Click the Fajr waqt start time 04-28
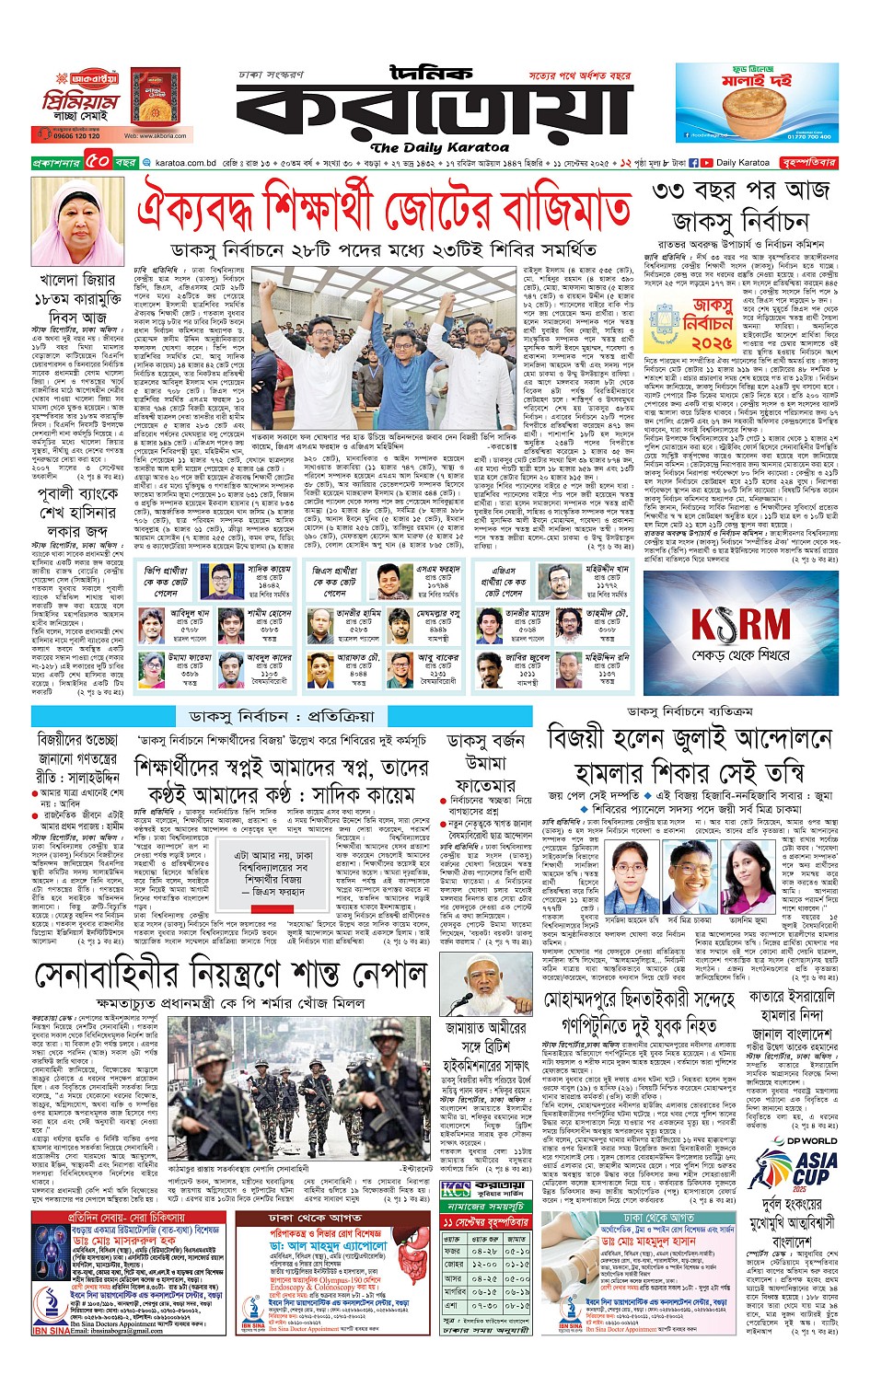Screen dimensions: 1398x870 [x=485, y=1252]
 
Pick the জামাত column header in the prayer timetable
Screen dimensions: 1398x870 [x=517, y=1238]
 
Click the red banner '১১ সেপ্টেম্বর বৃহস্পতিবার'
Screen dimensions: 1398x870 [x=486, y=1221]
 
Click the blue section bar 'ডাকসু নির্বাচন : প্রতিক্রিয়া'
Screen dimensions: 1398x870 [x=282, y=716]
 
